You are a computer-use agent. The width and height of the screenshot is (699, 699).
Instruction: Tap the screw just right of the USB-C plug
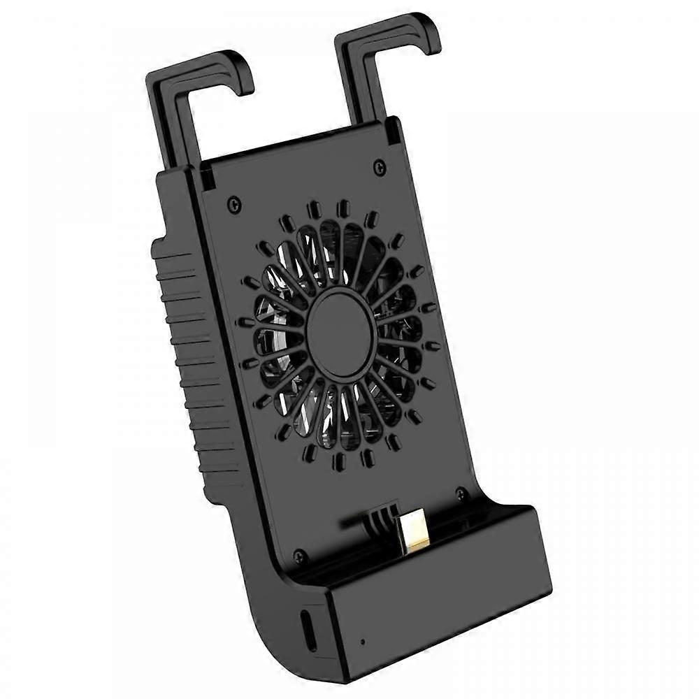[460, 494]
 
